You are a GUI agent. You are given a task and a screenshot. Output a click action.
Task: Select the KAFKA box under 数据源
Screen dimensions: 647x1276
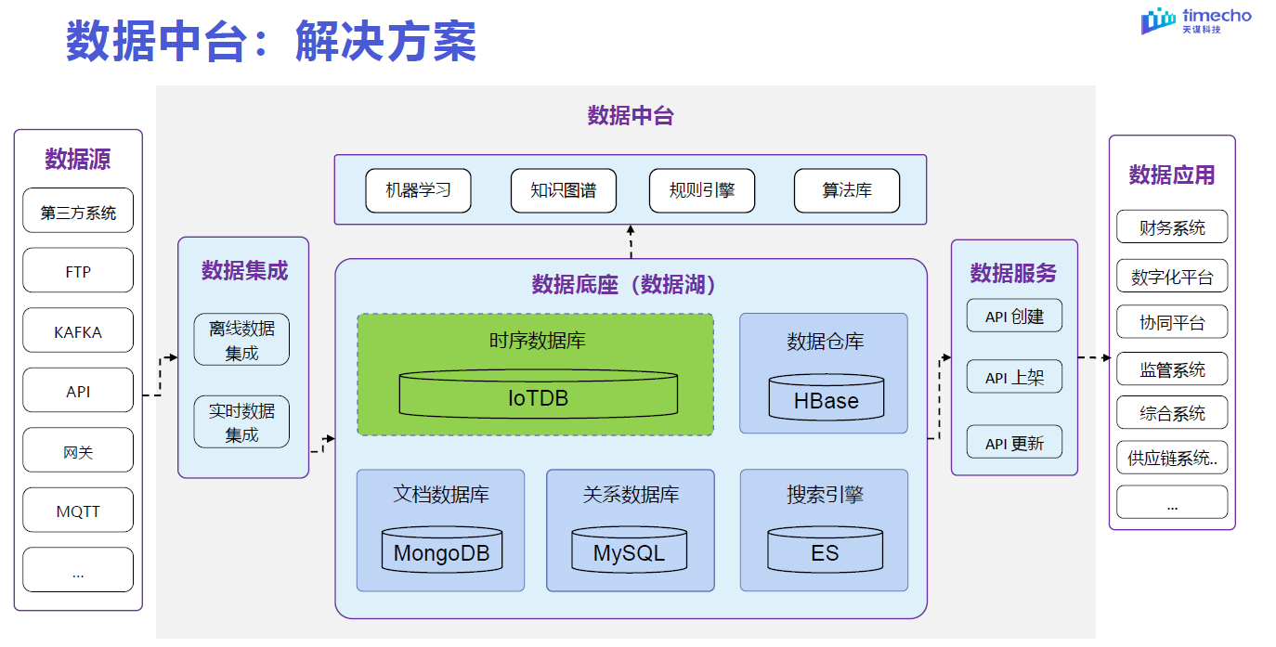[78, 331]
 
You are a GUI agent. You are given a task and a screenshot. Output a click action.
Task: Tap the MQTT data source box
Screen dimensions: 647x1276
[78, 511]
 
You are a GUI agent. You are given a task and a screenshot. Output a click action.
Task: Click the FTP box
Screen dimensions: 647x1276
[78, 272]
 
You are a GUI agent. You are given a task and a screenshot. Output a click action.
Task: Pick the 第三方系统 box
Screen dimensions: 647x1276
[78, 212]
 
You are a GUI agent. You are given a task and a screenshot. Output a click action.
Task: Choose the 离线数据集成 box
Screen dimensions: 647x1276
[241, 340]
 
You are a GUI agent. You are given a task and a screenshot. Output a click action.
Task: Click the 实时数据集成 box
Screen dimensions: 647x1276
[241, 422]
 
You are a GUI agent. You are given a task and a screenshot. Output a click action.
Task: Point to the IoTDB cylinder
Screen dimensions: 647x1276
[538, 396]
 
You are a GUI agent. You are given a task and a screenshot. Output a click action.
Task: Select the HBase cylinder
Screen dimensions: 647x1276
[826, 398]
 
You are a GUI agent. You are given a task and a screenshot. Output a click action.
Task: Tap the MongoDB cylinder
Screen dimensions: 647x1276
[442, 551]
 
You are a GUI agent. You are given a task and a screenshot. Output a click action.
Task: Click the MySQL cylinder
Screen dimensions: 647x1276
[630, 551]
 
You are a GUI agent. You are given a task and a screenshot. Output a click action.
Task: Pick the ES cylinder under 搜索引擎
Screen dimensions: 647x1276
[825, 551]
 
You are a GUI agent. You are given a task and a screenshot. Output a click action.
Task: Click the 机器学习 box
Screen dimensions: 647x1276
[418, 190]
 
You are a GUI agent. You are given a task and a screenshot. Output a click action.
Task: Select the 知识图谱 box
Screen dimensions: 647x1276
[563, 190]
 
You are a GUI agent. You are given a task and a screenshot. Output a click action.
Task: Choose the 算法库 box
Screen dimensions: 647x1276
[846, 190]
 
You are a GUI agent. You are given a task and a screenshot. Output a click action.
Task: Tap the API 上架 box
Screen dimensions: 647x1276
[1014, 378]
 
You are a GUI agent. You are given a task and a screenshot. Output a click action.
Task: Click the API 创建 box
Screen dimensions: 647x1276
[1014, 317]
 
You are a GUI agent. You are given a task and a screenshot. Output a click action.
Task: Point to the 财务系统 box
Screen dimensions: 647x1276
[1172, 227]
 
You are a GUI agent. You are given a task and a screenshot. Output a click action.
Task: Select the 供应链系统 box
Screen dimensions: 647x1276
[1172, 458]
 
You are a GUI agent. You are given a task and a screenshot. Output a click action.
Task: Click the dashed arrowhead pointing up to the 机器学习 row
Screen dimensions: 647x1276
[631, 229]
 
